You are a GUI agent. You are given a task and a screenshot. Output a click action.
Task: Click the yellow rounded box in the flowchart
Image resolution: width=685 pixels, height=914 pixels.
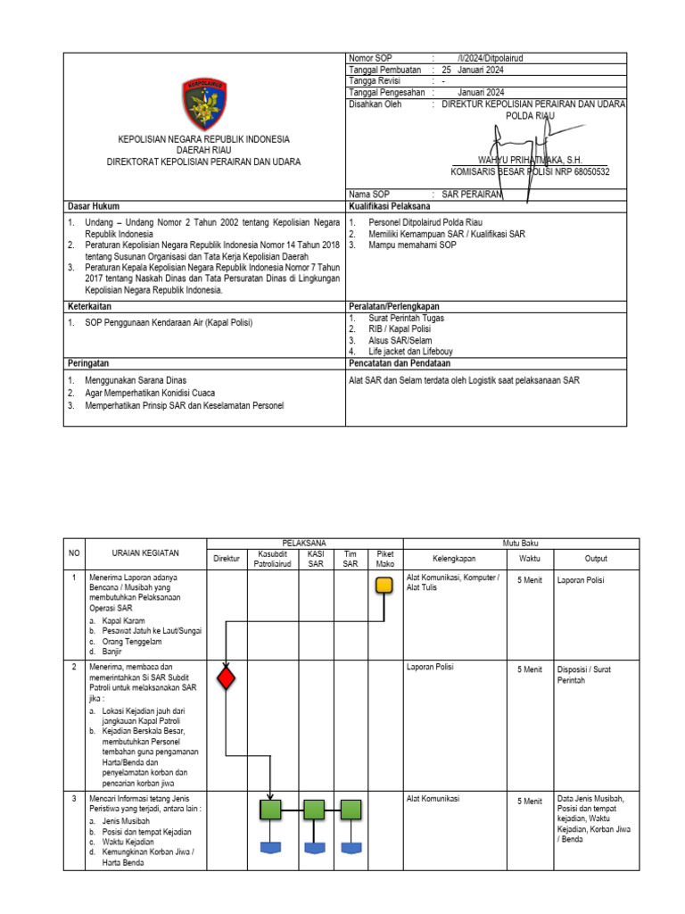384,586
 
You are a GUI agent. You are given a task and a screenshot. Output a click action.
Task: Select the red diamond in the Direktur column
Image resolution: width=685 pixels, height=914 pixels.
227,677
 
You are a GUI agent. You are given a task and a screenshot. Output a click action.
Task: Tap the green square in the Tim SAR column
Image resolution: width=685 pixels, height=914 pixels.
350,810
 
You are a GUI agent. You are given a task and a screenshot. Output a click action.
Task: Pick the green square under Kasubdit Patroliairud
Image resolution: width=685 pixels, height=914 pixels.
270,810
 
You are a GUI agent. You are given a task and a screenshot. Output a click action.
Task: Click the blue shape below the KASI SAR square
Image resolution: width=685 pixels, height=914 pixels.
313,847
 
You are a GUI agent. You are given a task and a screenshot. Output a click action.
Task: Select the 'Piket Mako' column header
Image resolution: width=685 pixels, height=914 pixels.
384,559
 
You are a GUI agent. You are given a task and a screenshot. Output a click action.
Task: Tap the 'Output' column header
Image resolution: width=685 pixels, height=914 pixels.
596,559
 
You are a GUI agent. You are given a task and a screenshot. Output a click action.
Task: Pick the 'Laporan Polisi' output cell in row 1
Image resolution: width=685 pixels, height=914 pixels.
582,579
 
